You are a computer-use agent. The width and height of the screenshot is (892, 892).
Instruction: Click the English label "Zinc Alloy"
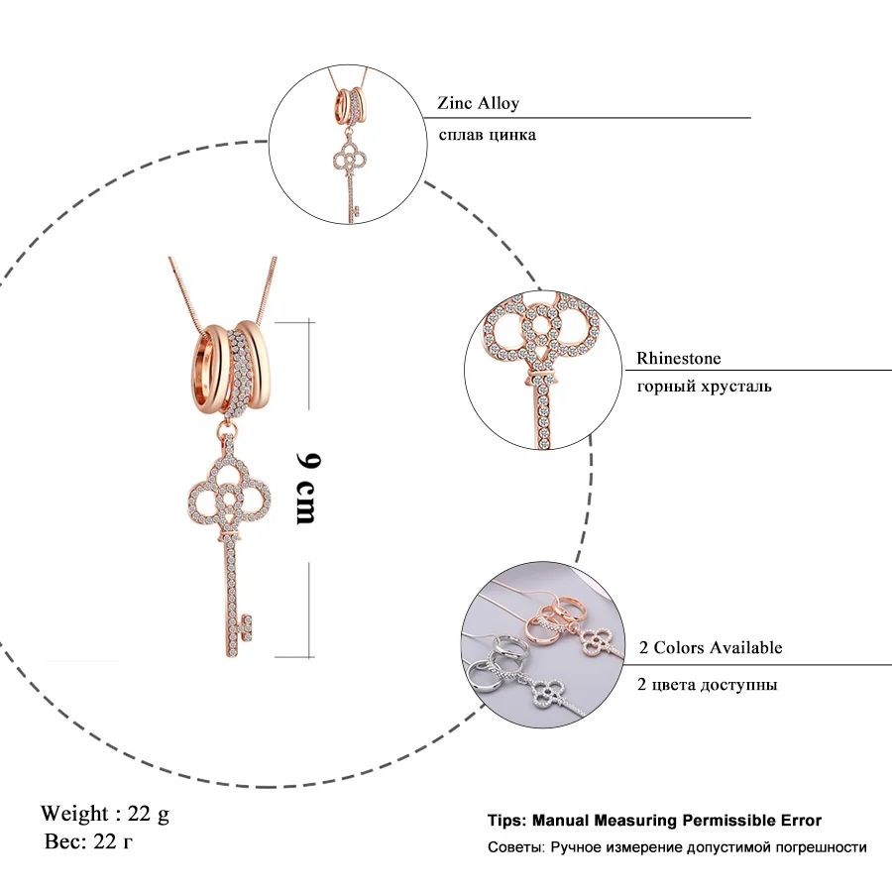click(x=479, y=103)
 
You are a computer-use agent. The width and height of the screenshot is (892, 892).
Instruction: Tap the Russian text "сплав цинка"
click(x=487, y=134)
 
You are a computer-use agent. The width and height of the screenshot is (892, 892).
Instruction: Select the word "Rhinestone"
click(x=679, y=358)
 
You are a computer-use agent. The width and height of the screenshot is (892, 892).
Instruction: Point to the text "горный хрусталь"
click(x=704, y=386)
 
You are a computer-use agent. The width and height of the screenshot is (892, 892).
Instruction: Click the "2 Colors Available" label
click(x=711, y=647)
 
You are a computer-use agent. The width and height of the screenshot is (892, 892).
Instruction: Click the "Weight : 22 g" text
click(x=105, y=814)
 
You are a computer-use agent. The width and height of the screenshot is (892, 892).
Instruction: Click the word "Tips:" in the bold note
click(x=506, y=821)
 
